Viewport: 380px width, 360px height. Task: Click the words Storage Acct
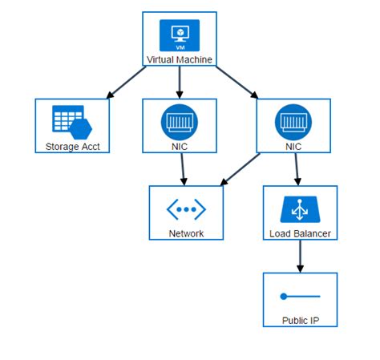point(72,146)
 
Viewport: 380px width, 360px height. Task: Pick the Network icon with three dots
point(186,208)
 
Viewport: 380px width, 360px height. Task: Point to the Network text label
point(186,233)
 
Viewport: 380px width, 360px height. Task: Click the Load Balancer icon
point(300,209)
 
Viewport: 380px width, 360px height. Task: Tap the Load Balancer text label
point(300,233)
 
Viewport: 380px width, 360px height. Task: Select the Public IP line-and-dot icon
point(300,297)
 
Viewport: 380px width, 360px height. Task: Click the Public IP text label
point(300,320)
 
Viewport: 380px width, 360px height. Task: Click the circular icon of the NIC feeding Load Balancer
point(293,121)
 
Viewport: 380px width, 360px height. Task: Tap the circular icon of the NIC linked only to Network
point(179,121)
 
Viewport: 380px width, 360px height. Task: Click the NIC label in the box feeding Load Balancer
point(293,147)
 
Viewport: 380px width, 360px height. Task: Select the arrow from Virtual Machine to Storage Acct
point(127,83)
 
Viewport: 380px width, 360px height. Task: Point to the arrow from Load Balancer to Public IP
point(300,257)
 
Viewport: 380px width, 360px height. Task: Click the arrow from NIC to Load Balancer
point(297,169)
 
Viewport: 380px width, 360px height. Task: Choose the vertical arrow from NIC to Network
point(183,169)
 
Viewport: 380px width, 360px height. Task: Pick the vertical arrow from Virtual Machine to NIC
point(179,83)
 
